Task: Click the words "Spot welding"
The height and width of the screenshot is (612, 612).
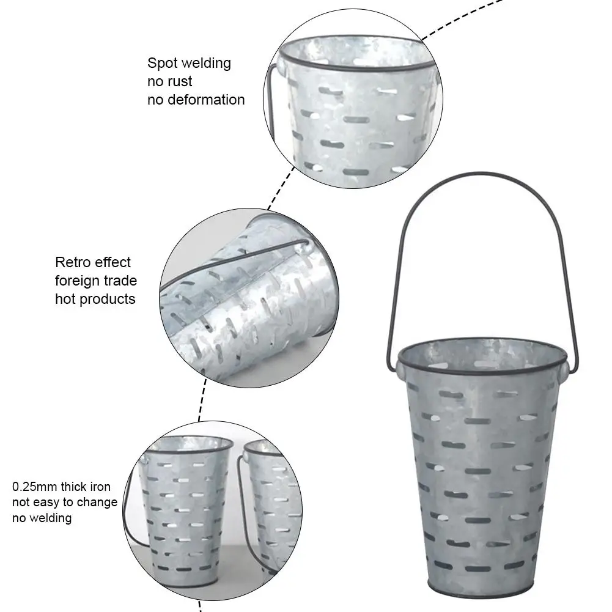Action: pyautogui.click(x=189, y=63)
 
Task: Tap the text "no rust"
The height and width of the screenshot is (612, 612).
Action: pyautogui.click(x=169, y=81)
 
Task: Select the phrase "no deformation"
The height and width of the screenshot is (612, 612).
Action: pyautogui.click(x=196, y=100)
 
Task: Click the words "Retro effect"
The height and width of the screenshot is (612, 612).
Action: pyautogui.click(x=93, y=262)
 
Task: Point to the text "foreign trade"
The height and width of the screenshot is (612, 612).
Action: pyautogui.click(x=96, y=281)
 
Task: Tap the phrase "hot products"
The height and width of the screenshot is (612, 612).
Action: pyautogui.click(x=95, y=299)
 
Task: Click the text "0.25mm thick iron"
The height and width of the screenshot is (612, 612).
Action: pyautogui.click(x=61, y=487)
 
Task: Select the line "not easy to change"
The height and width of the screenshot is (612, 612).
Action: pyautogui.click(x=64, y=503)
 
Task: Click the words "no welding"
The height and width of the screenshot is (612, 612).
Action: pyautogui.click(x=42, y=518)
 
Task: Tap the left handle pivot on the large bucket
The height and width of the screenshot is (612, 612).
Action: pyautogui.click(x=399, y=366)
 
